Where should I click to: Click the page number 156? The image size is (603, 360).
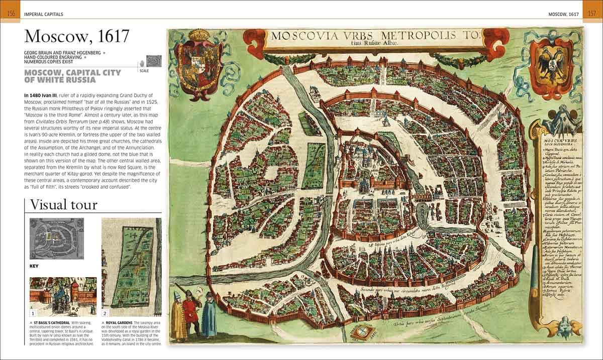pos(11,14)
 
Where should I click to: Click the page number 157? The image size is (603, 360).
pos(591,14)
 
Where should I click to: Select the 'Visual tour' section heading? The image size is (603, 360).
pos(63,205)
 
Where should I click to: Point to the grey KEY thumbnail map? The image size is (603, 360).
pos(56,238)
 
